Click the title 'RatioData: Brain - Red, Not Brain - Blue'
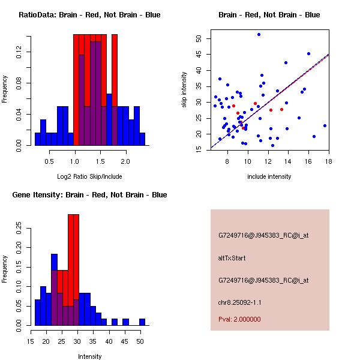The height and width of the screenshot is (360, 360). click(89, 14)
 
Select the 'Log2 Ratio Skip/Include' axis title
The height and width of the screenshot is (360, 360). click(89, 178)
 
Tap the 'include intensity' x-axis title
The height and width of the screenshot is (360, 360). click(269, 176)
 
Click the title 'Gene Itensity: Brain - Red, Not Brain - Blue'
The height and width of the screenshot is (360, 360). click(89, 195)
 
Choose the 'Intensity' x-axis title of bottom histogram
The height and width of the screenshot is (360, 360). click(89, 356)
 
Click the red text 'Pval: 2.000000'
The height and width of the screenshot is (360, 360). click(239, 319)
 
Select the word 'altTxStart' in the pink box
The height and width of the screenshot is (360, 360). click(232, 258)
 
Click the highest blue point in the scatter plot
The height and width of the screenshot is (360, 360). click(259, 34)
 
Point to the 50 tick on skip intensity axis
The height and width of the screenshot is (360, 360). click(198, 38)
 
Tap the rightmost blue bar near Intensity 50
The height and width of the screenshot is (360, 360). click(142, 322)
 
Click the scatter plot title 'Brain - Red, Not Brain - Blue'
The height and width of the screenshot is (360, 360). click(269, 14)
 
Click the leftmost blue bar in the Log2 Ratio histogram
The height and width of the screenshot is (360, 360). click(37, 139)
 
